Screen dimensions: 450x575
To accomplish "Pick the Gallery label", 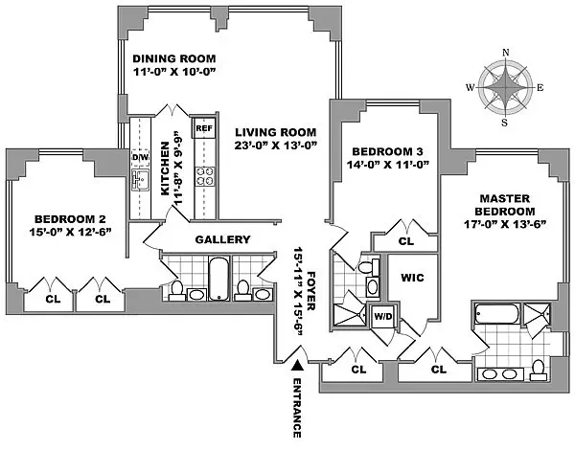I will [222, 239].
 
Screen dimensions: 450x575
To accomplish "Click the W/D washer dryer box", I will [381, 315].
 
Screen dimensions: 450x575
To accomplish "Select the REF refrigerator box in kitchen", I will [203, 127].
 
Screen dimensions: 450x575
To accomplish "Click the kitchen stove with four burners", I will [204, 175].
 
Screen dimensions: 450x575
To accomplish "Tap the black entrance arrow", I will [298, 365].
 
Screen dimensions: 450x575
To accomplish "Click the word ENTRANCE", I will [298, 407].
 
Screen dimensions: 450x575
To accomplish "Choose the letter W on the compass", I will [470, 87].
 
